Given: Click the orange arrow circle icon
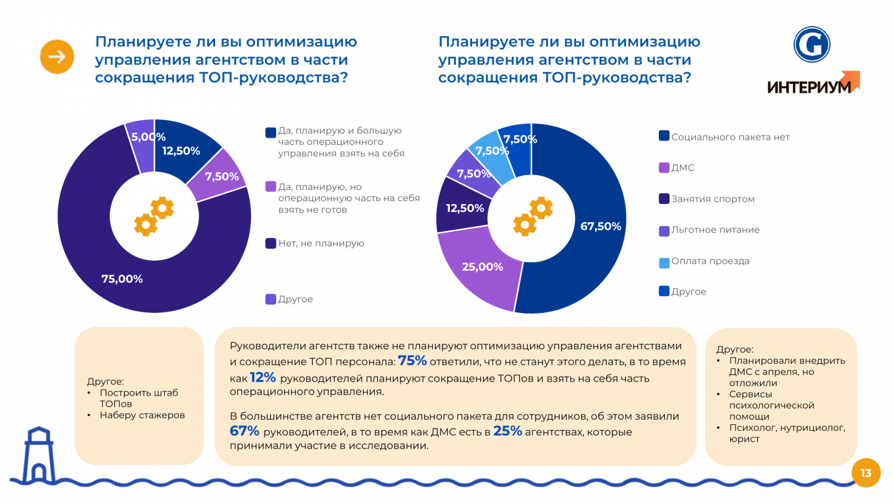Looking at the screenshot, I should coord(57,56).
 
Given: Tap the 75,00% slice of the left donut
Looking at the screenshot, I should coord(122,278).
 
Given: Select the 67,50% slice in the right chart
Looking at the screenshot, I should coord(601,226).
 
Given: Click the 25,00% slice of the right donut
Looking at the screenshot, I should coord(482,267).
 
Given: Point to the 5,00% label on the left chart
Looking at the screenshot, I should coord(148,137).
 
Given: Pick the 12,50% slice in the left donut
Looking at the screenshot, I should coord(180,151).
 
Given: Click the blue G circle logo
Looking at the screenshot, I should coord(812,45).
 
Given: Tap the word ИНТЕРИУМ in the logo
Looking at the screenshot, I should coord(809,87).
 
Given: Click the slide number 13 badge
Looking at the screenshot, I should coord(866,473).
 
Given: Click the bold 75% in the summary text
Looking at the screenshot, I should coord(412,361).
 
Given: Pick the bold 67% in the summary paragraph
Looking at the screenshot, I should coord(244,431).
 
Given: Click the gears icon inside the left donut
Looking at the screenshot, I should coord(154,216).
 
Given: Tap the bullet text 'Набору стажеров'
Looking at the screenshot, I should coord(142,415).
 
